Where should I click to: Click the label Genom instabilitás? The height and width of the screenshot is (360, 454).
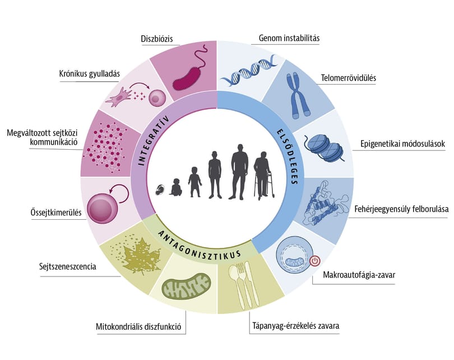coord(289,38)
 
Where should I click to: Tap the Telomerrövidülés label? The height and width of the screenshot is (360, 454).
coord(348,78)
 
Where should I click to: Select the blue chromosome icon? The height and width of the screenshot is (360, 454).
coord(298,96)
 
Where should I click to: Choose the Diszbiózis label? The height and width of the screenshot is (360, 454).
coord(156,39)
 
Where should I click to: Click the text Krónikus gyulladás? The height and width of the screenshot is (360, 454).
coord(90,73)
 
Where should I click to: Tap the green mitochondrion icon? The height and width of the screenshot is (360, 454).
coord(186,286)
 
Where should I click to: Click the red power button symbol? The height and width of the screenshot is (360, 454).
coord(315,261)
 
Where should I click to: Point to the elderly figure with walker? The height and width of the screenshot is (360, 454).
coord(263,176)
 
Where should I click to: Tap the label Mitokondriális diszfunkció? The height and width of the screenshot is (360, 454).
coord(138,327)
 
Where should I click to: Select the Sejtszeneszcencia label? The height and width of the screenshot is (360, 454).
coord(68,266)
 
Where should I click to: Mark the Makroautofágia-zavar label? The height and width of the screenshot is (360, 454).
coord(359,275)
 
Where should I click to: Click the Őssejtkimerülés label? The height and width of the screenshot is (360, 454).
coord(56,213)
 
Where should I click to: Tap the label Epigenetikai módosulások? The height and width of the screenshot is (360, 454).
coord(403,144)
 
